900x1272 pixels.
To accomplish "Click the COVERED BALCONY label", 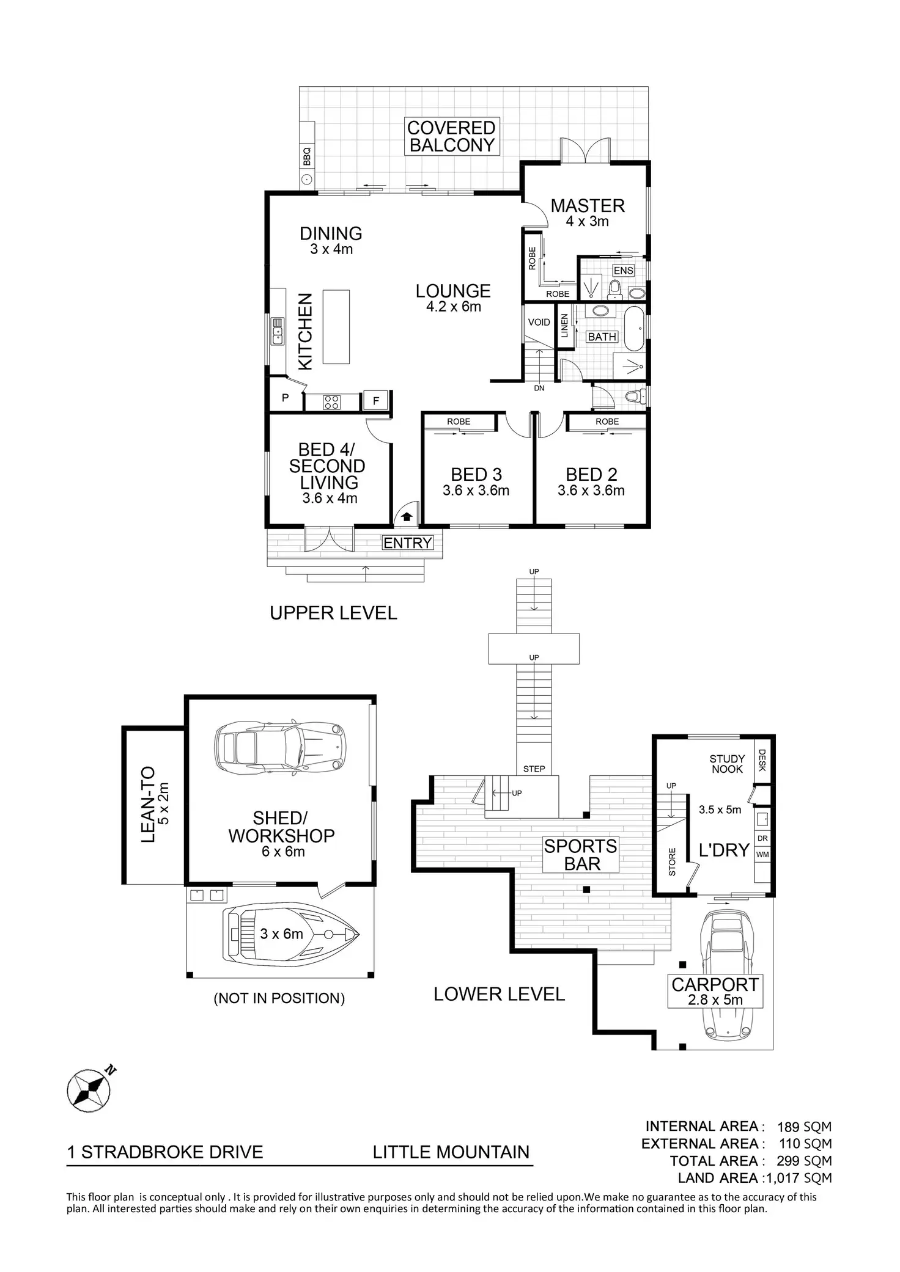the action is coord(451,137).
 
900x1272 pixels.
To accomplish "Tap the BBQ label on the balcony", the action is coord(307,157).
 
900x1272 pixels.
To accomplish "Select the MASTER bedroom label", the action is coord(587,206).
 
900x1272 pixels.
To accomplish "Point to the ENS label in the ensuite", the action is coord(623,271).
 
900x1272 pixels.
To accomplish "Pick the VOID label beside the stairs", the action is coord(539,322).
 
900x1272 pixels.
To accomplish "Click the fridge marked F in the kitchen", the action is coord(376,401).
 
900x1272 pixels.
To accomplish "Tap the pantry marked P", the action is coord(285,398).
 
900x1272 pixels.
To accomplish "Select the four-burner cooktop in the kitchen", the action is coord(332,402).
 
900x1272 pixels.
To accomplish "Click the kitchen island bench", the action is coord(336,327).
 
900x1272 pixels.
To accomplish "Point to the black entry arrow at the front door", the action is coord(407,517).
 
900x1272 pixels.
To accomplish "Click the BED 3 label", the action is coord(476,475).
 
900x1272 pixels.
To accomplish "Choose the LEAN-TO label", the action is coord(149,805).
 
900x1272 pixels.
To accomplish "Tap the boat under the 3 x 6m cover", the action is coord(290,935).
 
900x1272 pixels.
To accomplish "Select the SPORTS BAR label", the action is coord(581,855).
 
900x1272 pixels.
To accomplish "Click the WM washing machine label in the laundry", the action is coord(762,855).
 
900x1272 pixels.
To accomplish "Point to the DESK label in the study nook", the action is coord(762,761).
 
